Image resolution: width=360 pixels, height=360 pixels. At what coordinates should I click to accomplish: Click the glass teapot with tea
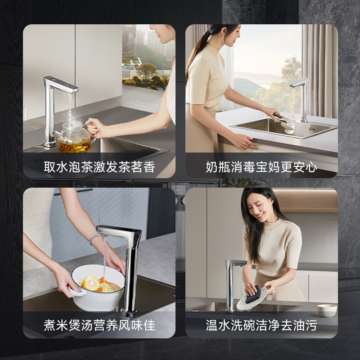point(75,137)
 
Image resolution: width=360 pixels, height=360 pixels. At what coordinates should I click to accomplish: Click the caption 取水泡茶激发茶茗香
point(99,167)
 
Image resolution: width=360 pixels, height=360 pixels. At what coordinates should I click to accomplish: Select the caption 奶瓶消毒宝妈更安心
point(261,167)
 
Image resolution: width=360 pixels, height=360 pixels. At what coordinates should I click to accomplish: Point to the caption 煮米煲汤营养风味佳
point(99,325)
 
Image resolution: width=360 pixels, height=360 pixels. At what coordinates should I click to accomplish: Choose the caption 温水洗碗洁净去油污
point(261,325)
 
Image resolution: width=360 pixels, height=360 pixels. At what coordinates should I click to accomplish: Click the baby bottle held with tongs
point(290,125)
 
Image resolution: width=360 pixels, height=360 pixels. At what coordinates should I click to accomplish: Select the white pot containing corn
point(98,288)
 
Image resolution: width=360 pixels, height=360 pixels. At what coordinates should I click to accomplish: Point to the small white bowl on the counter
point(327,310)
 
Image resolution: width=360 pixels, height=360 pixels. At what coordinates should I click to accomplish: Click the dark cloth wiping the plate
point(253,295)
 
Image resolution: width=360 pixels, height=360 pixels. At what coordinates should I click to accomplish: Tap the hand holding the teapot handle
point(96,128)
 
